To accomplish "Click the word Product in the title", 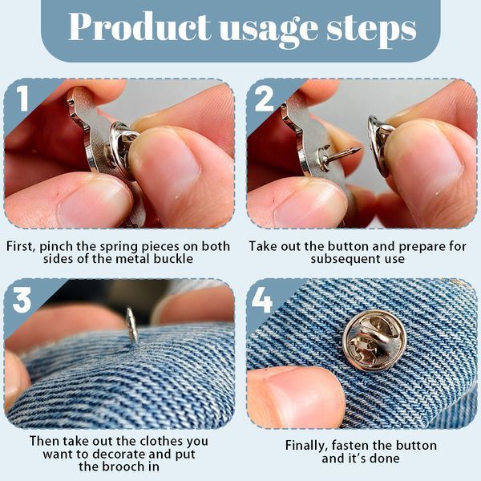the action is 139,27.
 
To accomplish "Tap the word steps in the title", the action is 371,30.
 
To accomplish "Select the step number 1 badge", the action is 22,98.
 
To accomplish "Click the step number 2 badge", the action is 264,98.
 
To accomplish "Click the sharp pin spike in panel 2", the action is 340,155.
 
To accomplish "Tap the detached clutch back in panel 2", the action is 379,144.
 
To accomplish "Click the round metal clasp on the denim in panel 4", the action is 374,340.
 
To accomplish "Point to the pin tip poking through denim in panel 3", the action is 132,325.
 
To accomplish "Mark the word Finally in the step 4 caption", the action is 305,446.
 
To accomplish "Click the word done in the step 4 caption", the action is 385,459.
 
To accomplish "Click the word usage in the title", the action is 269,30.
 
